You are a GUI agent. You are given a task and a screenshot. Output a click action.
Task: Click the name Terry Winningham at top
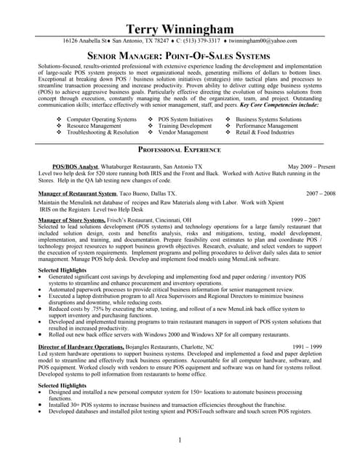point(179,28)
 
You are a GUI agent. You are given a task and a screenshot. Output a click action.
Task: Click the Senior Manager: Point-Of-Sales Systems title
point(179,56)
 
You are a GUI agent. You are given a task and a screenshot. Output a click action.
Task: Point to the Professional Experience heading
point(179,150)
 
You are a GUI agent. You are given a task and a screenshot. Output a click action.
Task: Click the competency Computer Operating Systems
point(101,118)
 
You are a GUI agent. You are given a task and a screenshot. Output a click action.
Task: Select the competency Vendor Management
point(183,133)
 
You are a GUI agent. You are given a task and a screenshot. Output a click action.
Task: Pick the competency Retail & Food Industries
point(265,133)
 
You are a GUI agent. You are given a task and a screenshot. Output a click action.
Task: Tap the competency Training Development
point(185,126)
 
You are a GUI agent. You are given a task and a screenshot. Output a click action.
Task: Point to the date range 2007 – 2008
point(321,194)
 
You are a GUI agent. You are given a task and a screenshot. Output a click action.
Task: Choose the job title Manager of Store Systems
point(73,219)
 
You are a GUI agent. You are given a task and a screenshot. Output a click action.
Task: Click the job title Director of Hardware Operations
point(81,347)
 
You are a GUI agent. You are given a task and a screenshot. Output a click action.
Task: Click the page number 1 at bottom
point(179,440)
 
